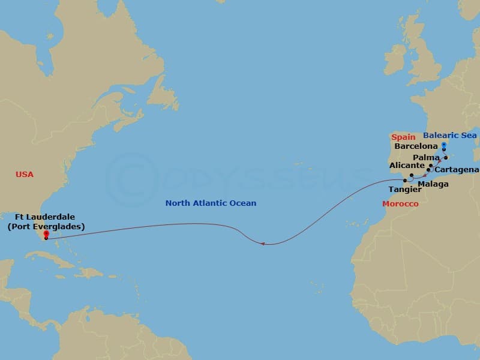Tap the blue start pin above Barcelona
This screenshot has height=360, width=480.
(443, 145)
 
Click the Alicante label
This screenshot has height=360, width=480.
(407, 165)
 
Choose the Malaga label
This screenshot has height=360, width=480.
(433, 184)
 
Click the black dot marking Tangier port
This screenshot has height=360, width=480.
(405, 180)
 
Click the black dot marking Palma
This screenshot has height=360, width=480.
(446, 158)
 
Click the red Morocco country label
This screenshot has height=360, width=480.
(400, 204)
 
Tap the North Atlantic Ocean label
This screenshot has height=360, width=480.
(211, 203)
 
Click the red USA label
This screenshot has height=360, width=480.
(25, 175)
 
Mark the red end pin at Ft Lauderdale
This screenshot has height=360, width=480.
(46, 235)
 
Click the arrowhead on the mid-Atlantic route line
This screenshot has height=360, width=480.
(263, 243)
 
